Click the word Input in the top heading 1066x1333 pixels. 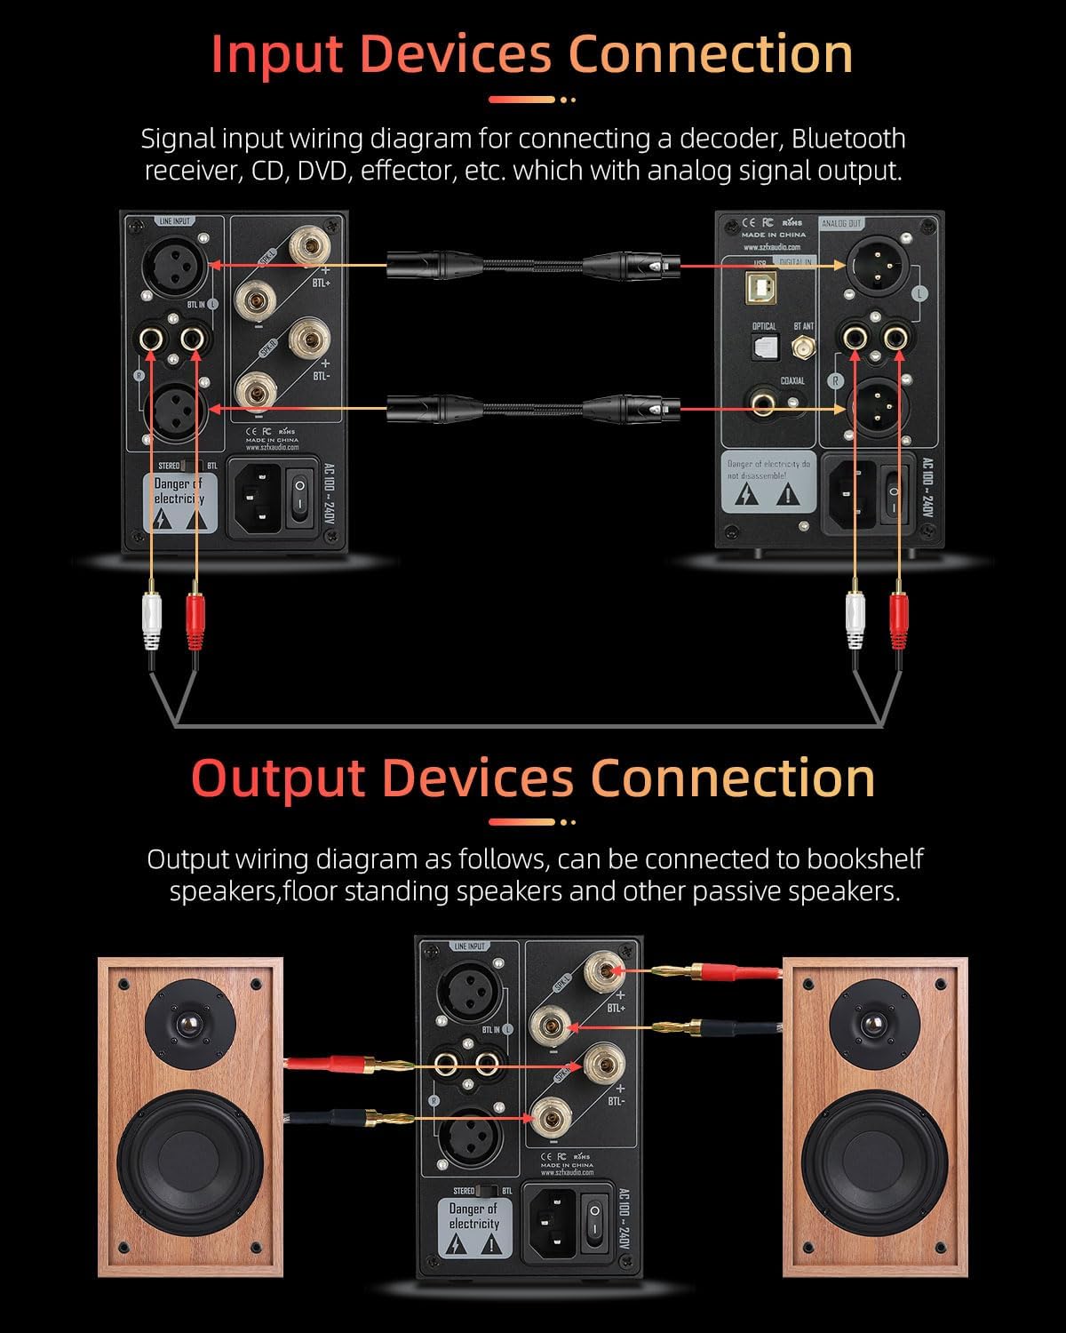[276, 55]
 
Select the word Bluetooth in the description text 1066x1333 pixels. [848, 139]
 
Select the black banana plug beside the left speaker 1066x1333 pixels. [355, 1116]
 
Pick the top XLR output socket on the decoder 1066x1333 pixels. [875, 262]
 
